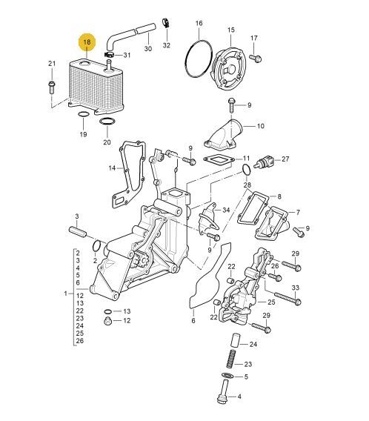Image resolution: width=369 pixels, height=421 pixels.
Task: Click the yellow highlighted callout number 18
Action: [87, 42]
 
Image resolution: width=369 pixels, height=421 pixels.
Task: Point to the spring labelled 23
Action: [230, 359]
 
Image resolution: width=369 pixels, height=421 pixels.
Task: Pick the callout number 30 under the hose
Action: [148, 49]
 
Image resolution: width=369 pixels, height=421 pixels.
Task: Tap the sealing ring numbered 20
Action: [107, 122]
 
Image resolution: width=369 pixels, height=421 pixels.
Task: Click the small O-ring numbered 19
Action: [83, 115]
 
